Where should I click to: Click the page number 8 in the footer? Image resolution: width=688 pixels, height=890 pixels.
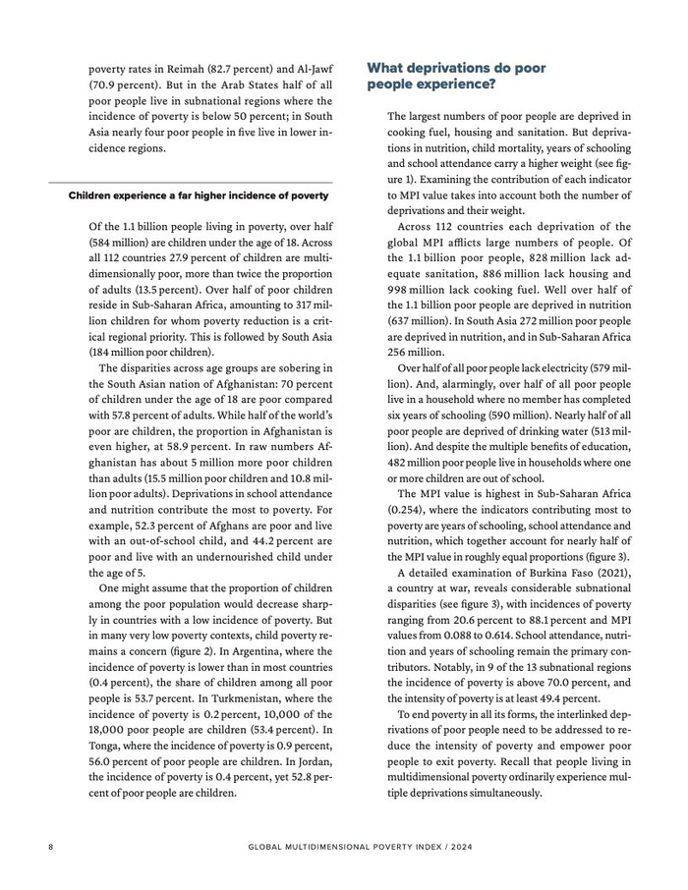[50, 845]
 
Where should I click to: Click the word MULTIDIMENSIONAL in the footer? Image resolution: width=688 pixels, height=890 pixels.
[337, 845]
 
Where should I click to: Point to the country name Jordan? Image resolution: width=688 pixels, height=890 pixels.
[303, 761]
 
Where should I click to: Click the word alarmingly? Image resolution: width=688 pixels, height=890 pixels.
[456, 384]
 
